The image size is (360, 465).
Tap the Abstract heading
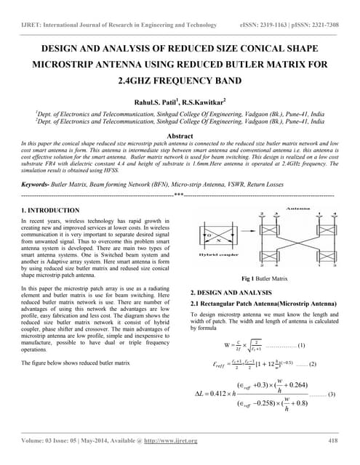(x=179, y=136)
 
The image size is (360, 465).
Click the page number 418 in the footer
(x=333, y=440)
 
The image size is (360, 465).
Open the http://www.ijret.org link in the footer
(x=172, y=441)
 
